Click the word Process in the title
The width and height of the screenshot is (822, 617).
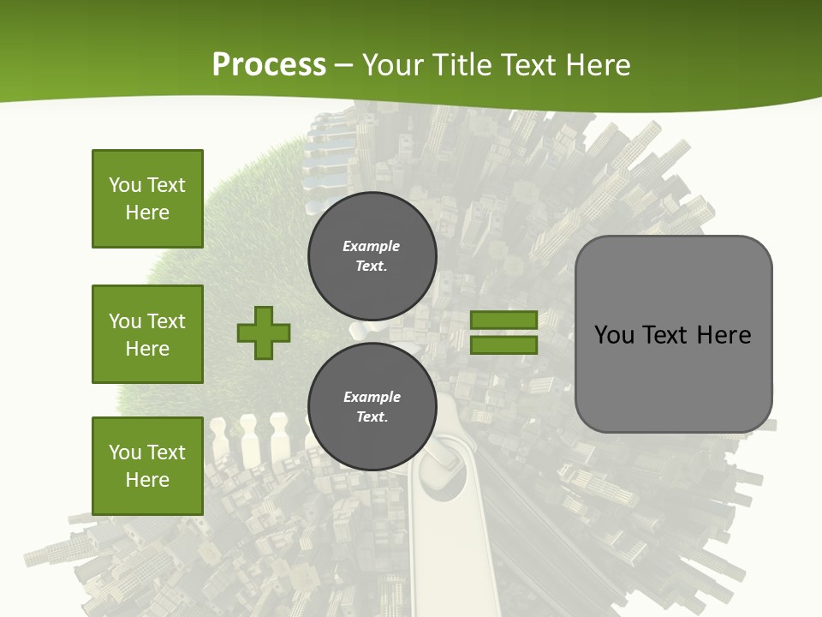tap(269, 65)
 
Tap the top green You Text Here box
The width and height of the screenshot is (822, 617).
tap(147, 199)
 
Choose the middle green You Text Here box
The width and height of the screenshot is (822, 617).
tap(147, 334)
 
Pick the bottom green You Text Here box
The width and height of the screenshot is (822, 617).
tap(147, 465)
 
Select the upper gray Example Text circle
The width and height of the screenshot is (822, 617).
tap(372, 256)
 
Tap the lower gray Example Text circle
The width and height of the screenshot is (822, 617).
tap(372, 407)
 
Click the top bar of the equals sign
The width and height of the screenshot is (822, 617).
tap(503, 320)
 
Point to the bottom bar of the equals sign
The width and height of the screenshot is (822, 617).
tap(503, 344)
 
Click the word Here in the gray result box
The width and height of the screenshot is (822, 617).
tap(724, 335)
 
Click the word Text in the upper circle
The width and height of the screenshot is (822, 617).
tap(372, 267)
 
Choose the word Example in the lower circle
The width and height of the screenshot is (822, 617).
tap(372, 397)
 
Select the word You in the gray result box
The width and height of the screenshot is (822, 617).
tap(614, 335)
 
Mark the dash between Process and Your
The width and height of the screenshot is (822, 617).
tap(344, 66)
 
